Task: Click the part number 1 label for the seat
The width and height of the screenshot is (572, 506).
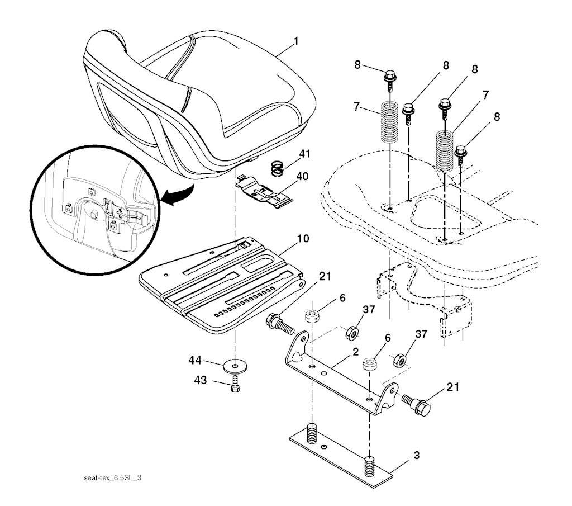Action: (296, 41)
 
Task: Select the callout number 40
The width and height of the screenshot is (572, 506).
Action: (302, 176)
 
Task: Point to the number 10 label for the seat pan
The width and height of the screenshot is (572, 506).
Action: (303, 239)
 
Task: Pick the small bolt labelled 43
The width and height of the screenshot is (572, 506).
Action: (235, 385)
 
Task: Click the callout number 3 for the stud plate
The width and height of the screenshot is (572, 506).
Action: (416, 455)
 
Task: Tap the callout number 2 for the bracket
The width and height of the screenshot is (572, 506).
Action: (355, 352)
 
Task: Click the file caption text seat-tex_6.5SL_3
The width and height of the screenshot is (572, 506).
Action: (112, 478)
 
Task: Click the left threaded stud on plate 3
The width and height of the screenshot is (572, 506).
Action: (312, 433)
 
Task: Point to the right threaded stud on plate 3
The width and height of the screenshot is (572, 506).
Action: (370, 466)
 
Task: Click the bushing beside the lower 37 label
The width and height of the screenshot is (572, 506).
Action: (399, 360)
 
